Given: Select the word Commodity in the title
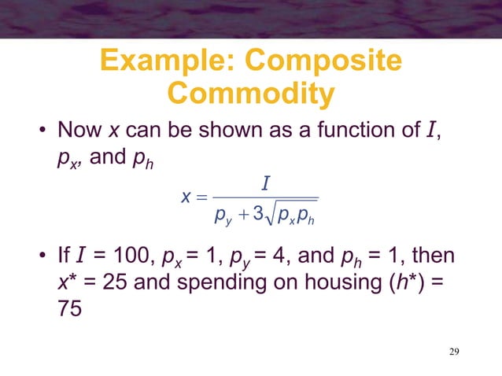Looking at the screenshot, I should pyautogui.click(x=251, y=94).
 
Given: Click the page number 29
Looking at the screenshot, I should pyautogui.click(x=450, y=350).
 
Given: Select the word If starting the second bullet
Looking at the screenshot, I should pyautogui.click(x=65, y=257).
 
